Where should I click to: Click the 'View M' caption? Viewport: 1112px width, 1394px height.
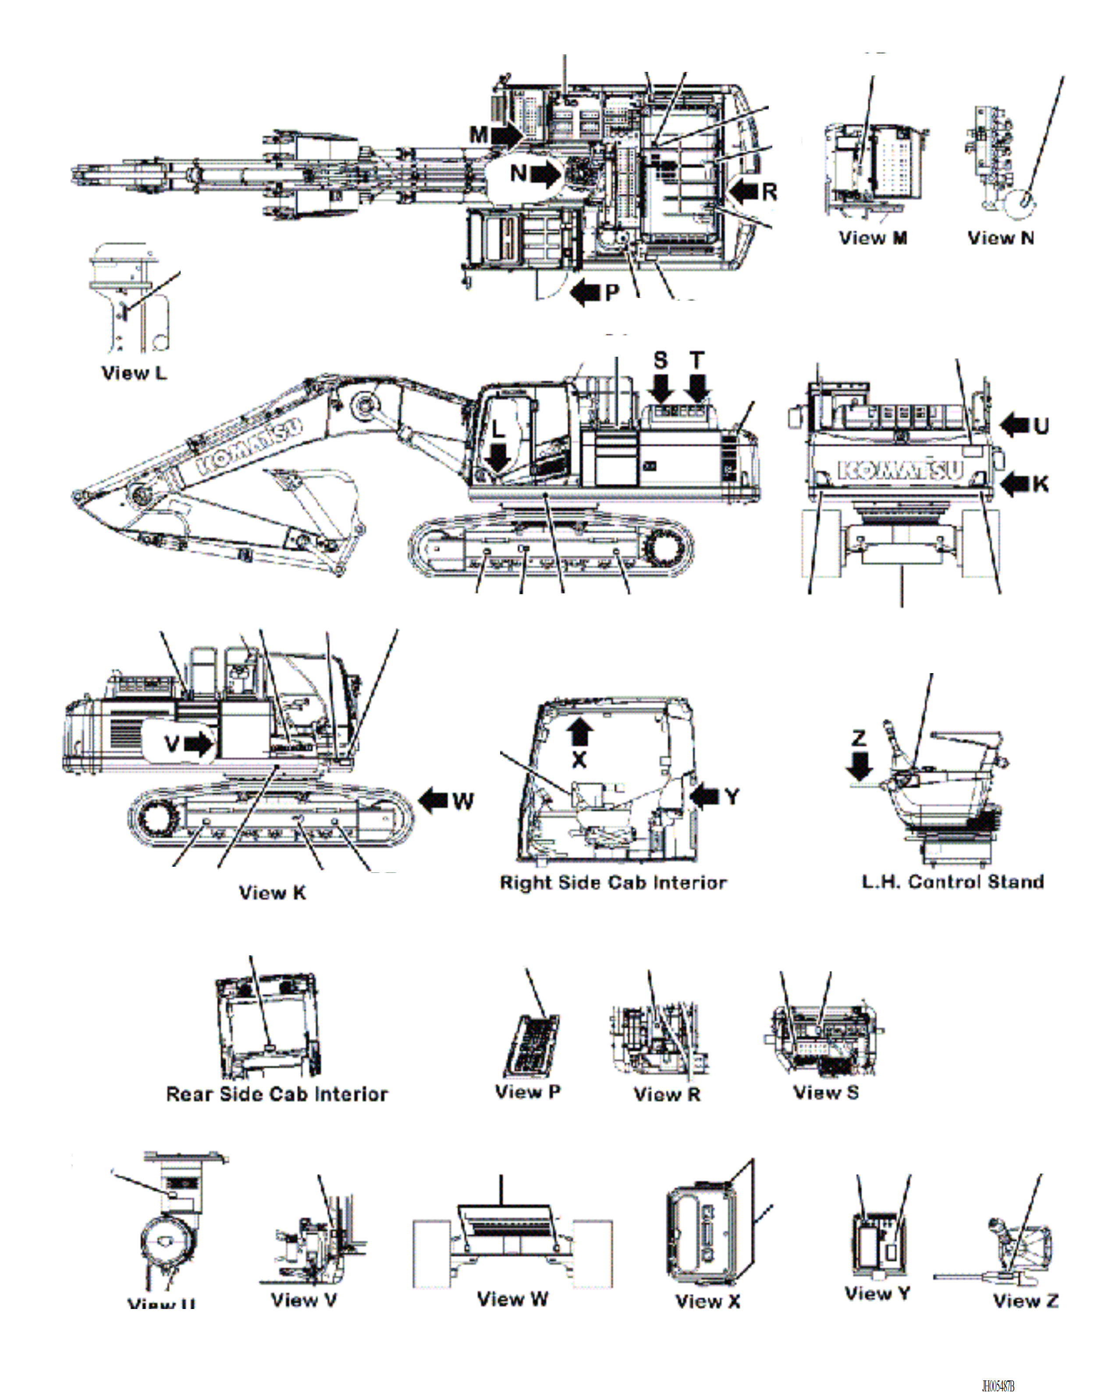[x=873, y=238]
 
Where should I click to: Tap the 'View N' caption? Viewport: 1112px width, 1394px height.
[x=1000, y=238]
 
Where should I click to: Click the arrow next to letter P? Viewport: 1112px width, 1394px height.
[x=586, y=292]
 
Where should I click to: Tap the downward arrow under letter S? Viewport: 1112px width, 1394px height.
[x=661, y=388]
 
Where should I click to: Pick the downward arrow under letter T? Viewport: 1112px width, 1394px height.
[x=697, y=388]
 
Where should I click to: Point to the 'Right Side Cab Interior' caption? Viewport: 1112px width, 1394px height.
[x=613, y=883]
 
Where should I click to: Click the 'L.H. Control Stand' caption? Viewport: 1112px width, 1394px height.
[x=953, y=882]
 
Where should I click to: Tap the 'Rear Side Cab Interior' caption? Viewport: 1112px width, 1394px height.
[x=277, y=1094]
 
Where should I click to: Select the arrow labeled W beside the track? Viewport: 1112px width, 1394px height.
[x=434, y=801]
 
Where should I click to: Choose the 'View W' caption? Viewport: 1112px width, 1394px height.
[x=512, y=1299]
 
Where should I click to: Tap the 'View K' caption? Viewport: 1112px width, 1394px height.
[x=272, y=893]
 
